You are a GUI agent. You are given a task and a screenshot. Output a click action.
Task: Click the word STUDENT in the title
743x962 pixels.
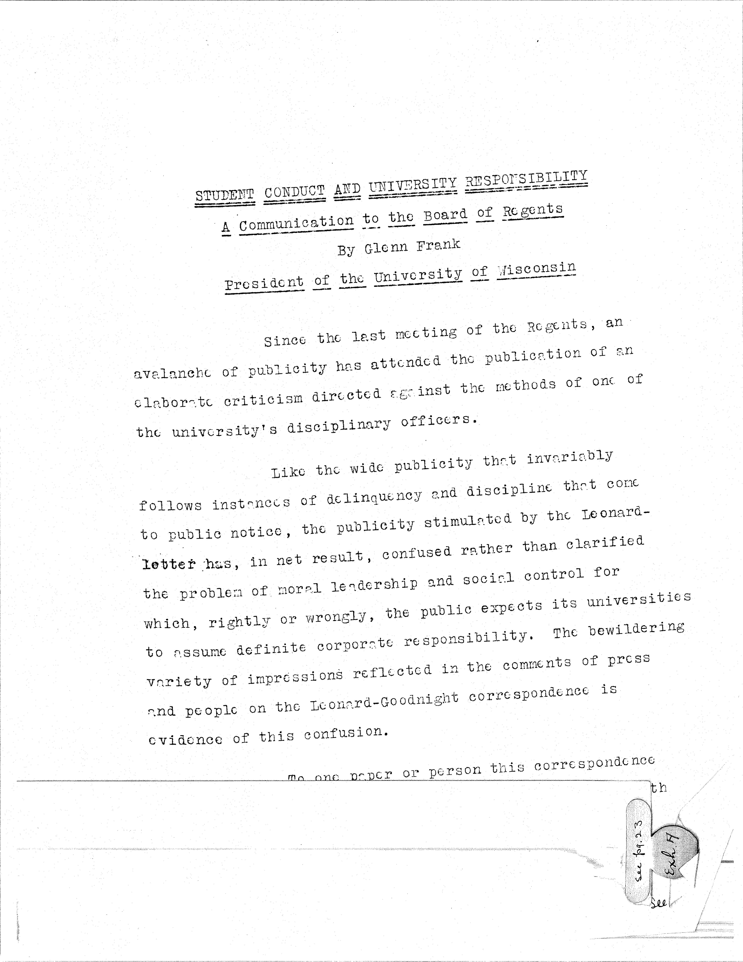[x=225, y=195]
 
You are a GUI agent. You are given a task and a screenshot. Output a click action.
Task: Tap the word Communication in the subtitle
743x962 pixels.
[x=296, y=223]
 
